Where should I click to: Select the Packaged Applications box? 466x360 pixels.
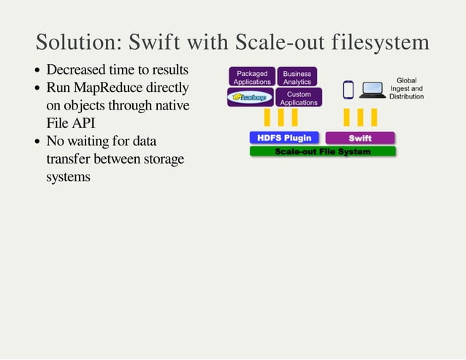(x=251, y=77)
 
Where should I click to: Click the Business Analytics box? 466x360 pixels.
(x=297, y=77)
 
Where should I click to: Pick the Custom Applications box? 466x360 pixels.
(x=298, y=99)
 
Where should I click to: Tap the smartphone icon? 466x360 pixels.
(x=348, y=89)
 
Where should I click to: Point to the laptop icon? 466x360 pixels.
(x=373, y=90)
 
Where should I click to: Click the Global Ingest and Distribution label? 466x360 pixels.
(x=406, y=88)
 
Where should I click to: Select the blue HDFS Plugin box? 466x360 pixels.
(x=284, y=138)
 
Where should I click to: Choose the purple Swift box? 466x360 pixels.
(x=359, y=138)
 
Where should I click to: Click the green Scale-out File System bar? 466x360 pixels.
(x=322, y=151)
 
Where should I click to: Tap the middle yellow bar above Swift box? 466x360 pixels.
(x=360, y=117)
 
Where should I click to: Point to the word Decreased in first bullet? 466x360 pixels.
(x=76, y=70)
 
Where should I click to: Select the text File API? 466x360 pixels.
(x=71, y=123)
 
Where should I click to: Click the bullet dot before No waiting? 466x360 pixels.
(x=37, y=142)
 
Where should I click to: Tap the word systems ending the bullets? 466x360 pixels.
(x=68, y=176)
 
